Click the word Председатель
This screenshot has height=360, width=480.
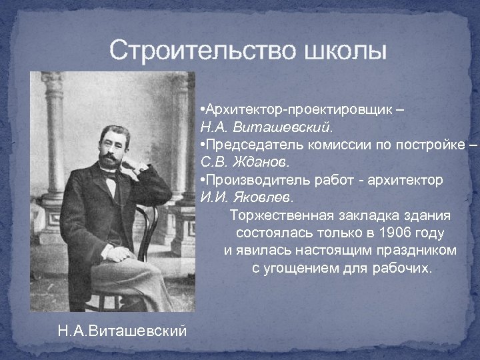click(x=245, y=145)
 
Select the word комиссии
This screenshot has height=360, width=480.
click(x=319, y=145)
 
